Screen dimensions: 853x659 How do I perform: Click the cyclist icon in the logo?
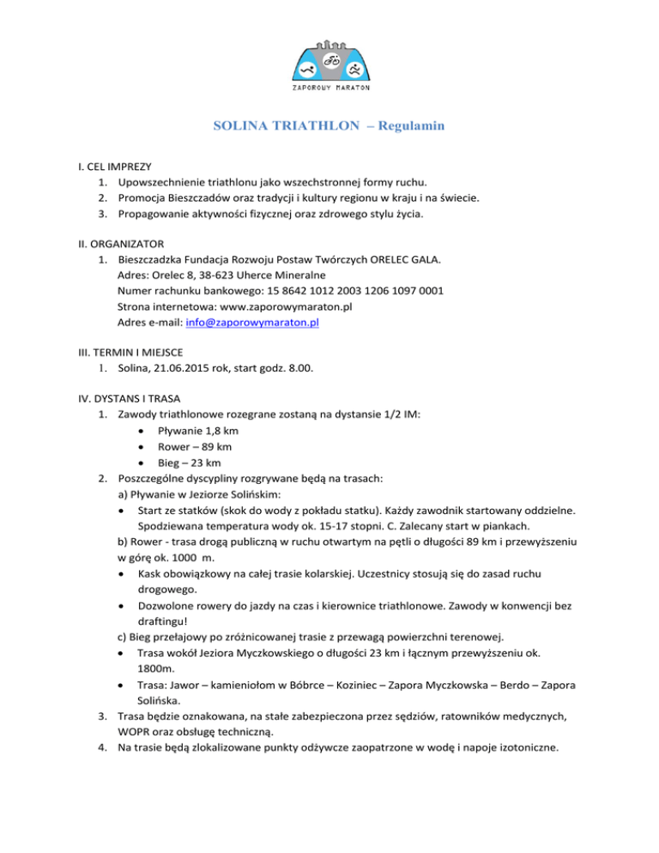pos(330,62)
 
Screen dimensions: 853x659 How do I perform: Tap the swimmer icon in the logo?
pos(306,70)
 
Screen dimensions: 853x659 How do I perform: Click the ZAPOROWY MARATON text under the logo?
pos(329,88)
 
